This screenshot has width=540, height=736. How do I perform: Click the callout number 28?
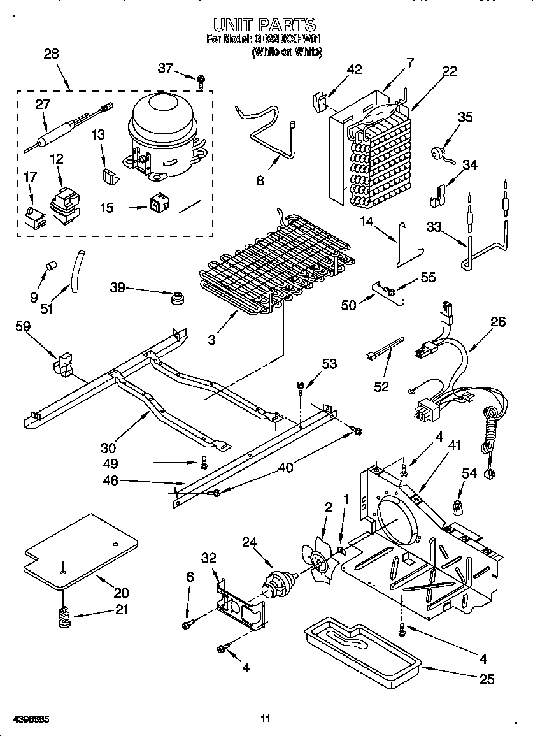point(51,54)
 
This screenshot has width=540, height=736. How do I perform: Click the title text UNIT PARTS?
point(264,25)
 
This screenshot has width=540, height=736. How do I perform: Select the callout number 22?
point(450,71)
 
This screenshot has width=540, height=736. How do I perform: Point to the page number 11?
point(266,719)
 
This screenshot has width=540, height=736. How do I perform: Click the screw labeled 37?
point(201,80)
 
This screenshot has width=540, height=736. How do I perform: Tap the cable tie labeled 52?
point(385,349)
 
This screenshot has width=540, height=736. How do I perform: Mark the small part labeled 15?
point(157,203)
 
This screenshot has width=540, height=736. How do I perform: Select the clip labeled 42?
point(320,101)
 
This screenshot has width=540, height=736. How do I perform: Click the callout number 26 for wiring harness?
point(497,322)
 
